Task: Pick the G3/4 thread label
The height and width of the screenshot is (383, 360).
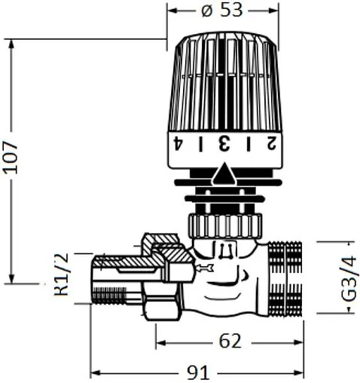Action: point(347,278)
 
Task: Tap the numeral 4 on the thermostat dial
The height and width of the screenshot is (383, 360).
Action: point(178,143)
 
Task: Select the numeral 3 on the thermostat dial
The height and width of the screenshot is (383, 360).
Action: point(222,143)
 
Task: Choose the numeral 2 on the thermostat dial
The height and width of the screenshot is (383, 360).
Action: point(268,143)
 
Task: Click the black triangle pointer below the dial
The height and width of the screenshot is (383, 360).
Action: point(224,176)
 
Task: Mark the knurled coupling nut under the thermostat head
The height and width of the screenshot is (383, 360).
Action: point(224,223)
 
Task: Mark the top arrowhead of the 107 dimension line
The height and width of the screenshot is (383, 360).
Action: point(11,42)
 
